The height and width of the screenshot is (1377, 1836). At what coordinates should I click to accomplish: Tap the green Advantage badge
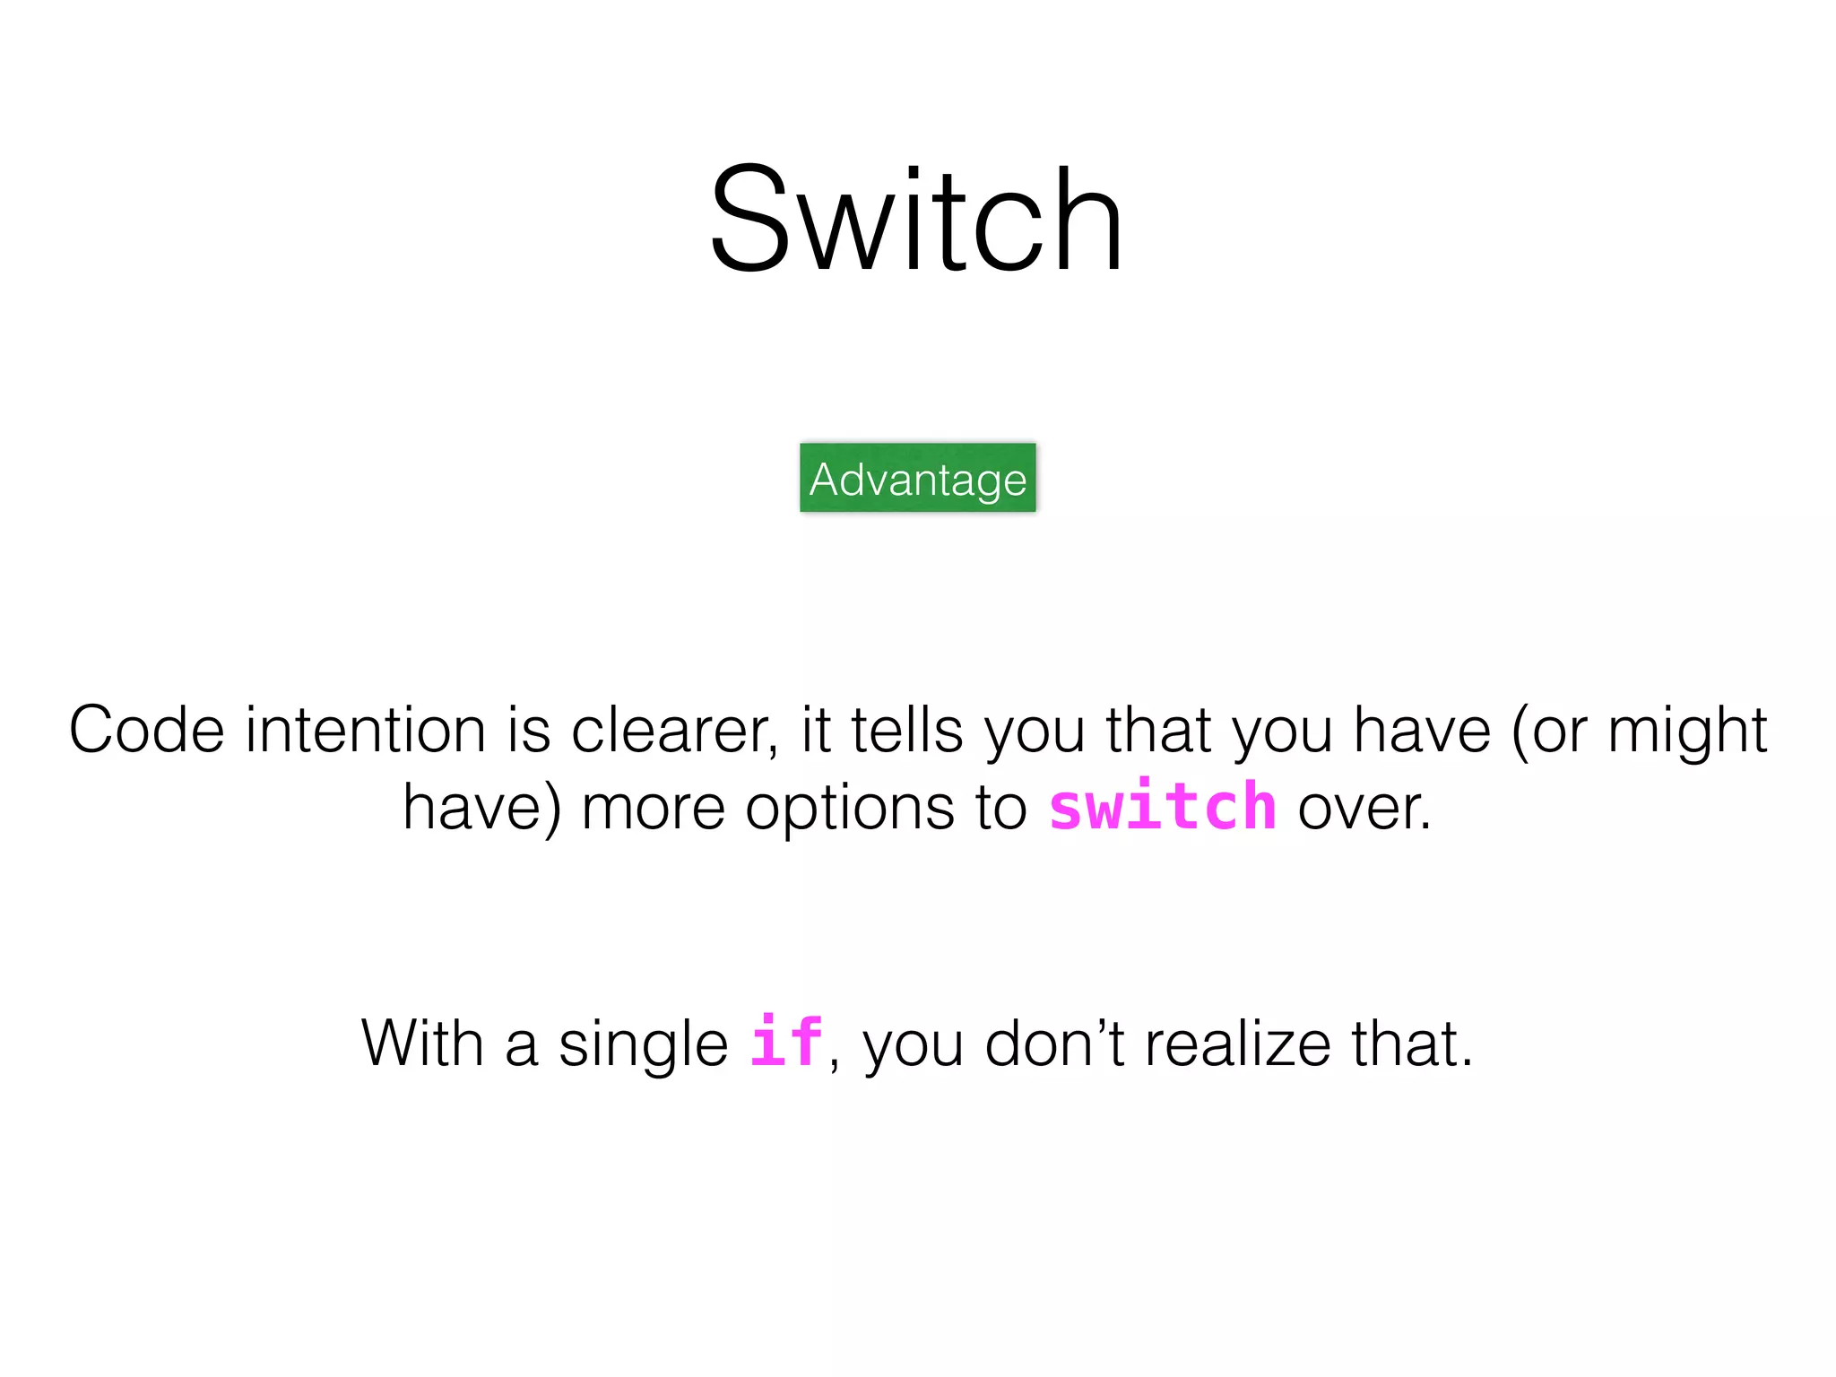pyautogui.click(x=917, y=478)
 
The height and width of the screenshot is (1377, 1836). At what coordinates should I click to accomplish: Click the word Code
pyautogui.click(x=146, y=730)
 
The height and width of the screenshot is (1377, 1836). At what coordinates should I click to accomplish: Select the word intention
pyautogui.click(x=366, y=730)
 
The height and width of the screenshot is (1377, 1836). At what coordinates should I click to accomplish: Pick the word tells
pyautogui.click(x=906, y=730)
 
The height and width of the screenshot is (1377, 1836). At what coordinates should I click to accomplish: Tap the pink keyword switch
pyautogui.click(x=1163, y=806)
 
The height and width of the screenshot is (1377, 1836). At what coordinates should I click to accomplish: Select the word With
pyautogui.click(x=422, y=1044)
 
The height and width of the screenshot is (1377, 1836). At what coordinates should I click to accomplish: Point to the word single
pyautogui.click(x=643, y=1045)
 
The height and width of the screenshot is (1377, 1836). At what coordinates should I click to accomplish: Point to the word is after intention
pyautogui.click(x=529, y=730)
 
